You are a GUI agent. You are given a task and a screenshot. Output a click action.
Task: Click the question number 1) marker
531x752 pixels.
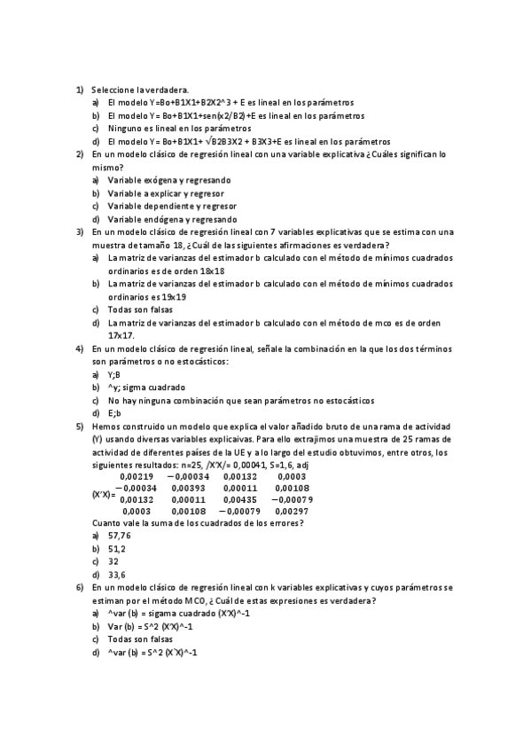79,90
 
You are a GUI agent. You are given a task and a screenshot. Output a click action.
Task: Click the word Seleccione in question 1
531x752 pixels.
112,90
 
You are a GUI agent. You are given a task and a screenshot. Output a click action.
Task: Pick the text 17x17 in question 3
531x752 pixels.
121,336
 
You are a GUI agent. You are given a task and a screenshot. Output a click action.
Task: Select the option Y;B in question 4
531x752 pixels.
113,374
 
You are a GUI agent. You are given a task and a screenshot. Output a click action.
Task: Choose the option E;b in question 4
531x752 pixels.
113,413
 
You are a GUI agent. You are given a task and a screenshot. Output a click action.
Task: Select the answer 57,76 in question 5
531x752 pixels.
119,536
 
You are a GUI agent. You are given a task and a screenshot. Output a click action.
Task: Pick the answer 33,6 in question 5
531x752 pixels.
116,575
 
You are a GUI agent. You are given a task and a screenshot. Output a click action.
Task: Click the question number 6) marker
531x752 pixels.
79,587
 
